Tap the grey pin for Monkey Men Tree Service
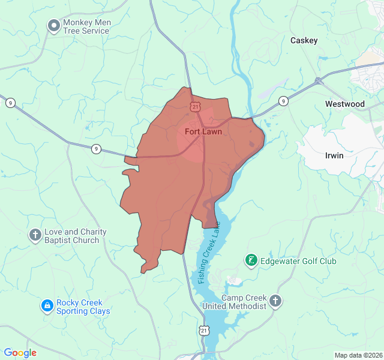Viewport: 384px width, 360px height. click(x=53, y=25)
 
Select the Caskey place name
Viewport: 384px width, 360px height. click(x=304, y=40)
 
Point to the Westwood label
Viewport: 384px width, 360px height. click(x=344, y=104)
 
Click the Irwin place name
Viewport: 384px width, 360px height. click(x=334, y=155)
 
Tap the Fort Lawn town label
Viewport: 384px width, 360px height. click(x=203, y=131)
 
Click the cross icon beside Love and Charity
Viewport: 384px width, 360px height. click(x=35, y=235)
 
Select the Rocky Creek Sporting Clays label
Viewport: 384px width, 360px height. click(x=83, y=307)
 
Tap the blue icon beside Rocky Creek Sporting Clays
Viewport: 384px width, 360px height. click(x=47, y=306)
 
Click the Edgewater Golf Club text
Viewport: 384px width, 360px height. click(x=298, y=261)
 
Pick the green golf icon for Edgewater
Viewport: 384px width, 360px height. click(x=251, y=260)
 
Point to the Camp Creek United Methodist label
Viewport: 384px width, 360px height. click(x=244, y=302)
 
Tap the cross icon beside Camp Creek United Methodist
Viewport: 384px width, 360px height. click(x=275, y=301)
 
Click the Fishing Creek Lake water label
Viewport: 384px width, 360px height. click(x=209, y=253)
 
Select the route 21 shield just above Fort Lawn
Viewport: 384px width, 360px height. click(x=196, y=106)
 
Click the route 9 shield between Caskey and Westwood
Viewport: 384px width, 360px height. click(x=283, y=101)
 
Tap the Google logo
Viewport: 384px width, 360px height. click(x=20, y=353)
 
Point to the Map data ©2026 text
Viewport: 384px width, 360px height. click(x=358, y=355)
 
